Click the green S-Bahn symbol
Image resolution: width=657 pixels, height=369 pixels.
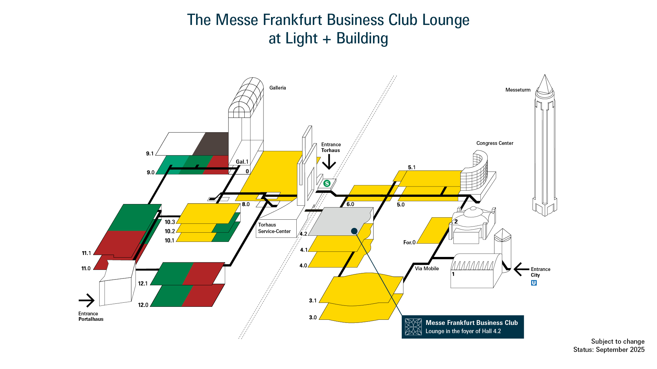click(x=327, y=183)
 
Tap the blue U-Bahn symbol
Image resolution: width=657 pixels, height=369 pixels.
click(x=534, y=283)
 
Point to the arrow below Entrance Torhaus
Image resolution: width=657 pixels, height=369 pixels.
click(x=329, y=162)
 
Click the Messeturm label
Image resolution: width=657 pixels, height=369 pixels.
click(x=518, y=90)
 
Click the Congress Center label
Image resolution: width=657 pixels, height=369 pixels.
click(x=494, y=143)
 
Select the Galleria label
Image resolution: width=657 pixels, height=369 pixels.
click(x=278, y=88)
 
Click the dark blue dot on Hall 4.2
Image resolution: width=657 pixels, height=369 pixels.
click(x=354, y=231)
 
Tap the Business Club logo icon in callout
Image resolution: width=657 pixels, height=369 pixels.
click(x=413, y=327)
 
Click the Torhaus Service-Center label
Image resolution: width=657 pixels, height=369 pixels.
click(x=274, y=228)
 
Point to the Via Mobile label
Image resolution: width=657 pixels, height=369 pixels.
click(x=427, y=269)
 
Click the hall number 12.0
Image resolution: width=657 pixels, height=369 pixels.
click(x=143, y=305)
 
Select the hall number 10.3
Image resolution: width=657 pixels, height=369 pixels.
click(x=170, y=222)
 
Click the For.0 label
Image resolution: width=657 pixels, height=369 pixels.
click(x=409, y=242)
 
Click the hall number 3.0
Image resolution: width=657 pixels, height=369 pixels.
click(x=313, y=317)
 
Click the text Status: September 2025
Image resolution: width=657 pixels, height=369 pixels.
click(x=609, y=350)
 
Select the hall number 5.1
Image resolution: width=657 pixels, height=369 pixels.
click(x=412, y=167)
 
